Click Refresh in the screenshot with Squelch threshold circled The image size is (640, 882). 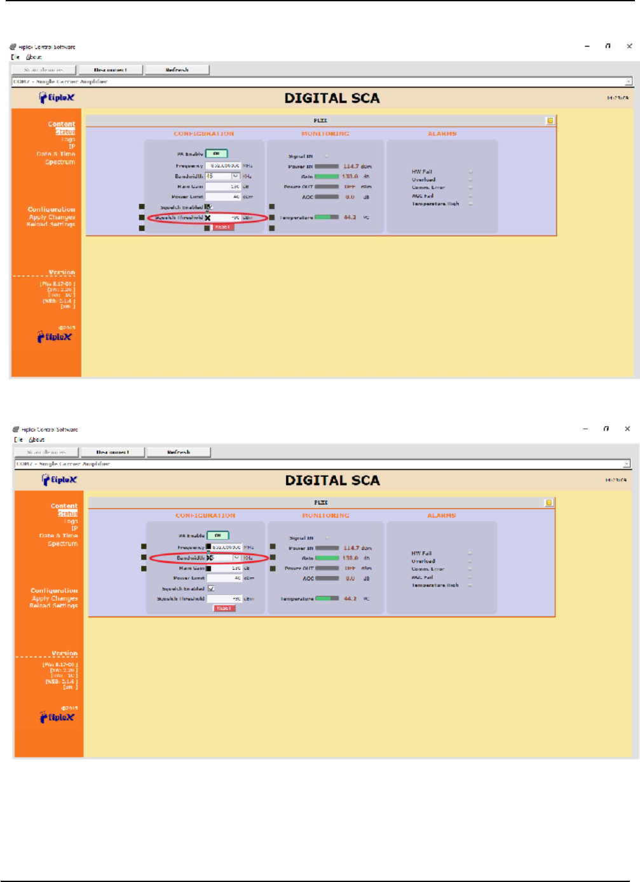(177, 70)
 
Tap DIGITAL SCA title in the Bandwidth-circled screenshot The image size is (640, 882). (332, 480)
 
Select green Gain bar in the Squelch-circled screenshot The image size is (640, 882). (327, 177)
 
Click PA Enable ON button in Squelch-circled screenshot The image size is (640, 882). (216, 154)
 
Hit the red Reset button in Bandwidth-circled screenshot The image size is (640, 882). (224, 608)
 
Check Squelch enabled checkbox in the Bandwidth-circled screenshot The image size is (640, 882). (211, 589)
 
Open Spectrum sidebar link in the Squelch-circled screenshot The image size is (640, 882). (60, 163)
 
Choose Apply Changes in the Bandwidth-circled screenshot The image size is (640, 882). (55, 598)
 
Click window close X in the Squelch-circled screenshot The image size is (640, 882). (629, 46)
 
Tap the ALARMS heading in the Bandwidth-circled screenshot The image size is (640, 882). (442, 516)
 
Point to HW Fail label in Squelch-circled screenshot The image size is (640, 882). (421, 171)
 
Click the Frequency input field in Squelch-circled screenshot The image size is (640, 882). (222, 166)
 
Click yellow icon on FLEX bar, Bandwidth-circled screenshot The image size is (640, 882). (549, 502)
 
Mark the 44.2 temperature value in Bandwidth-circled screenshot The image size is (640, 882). (350, 598)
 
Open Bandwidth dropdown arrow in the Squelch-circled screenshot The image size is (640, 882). (235, 176)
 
